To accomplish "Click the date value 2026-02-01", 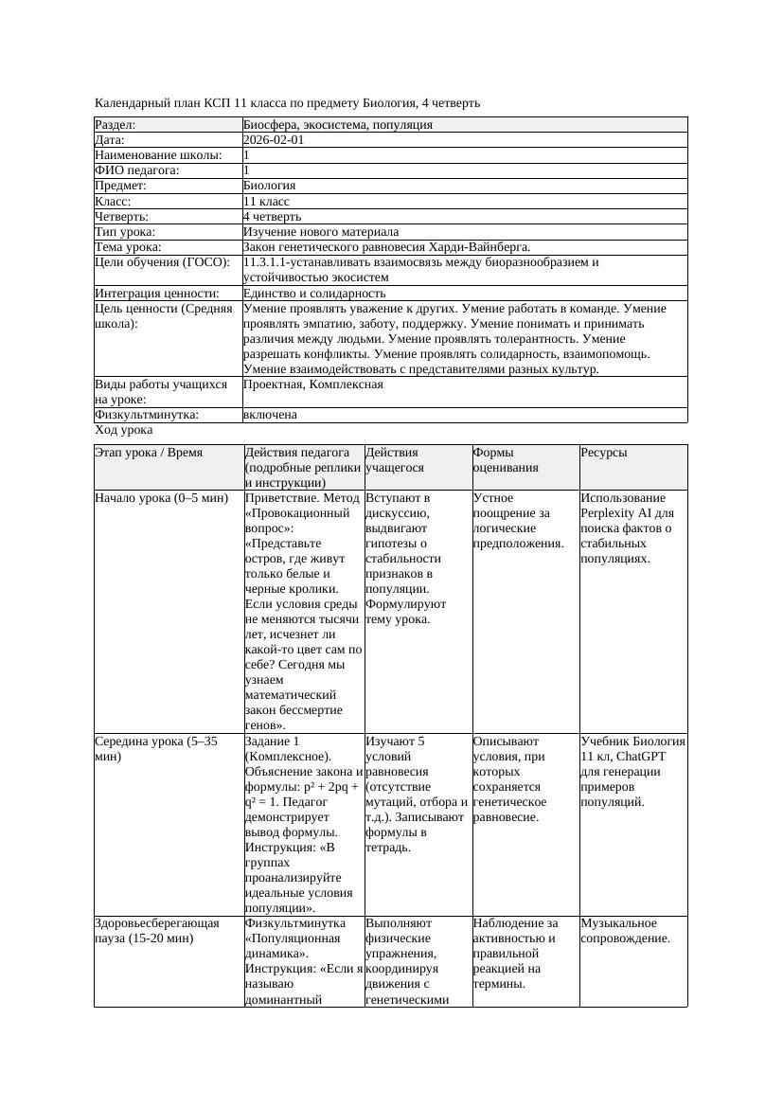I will click(x=274, y=139).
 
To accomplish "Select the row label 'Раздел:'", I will click(x=116, y=124).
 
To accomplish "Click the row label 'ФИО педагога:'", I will click(x=137, y=170).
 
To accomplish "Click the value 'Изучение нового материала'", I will click(x=321, y=231).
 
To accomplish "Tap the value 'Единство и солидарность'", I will click(x=314, y=294).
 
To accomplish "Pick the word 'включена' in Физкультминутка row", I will click(x=270, y=415).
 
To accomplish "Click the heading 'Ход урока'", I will click(x=124, y=430).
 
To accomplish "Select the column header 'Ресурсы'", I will click(x=604, y=453).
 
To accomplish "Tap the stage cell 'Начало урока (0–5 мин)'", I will click(x=162, y=497).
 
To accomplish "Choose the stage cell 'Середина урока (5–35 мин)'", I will click(x=156, y=748).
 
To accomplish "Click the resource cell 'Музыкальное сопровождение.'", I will click(x=626, y=930).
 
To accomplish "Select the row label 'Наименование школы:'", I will click(x=158, y=154).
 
